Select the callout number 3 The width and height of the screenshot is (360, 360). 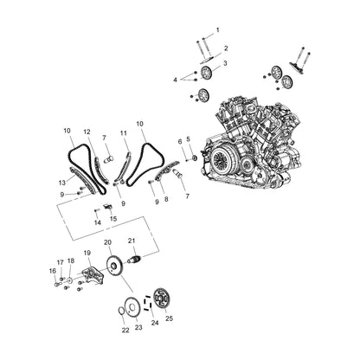225,63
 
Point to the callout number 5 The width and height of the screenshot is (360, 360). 188,139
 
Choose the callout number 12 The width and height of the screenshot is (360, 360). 87,132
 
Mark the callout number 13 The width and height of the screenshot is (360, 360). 61,182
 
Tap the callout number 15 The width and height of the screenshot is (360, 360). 113,219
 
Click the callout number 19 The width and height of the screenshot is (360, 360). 87,253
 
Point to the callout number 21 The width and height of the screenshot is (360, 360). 132,241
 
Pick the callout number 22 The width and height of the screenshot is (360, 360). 125,330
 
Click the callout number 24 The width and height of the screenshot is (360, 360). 155,322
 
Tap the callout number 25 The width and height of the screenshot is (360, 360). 170,319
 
